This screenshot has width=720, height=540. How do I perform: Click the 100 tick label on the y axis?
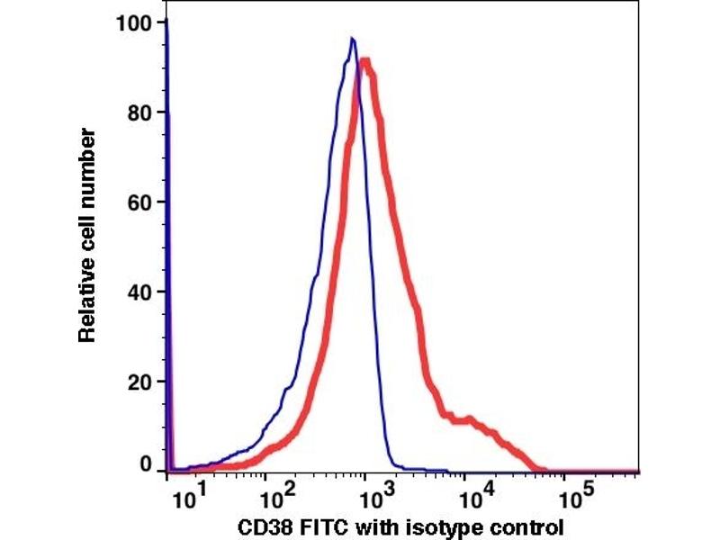pos(135,22)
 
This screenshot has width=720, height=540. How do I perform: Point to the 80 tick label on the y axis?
pos(140,112)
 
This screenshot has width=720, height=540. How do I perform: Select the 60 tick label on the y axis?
pos(140,202)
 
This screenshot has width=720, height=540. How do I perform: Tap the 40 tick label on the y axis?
pos(140,292)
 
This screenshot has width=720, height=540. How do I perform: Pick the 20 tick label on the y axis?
pos(140,382)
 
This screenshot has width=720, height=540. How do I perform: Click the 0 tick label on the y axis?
pos(147,465)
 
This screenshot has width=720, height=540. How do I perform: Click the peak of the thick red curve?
pos(364,62)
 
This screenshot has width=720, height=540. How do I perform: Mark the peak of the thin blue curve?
pos(353,39)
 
